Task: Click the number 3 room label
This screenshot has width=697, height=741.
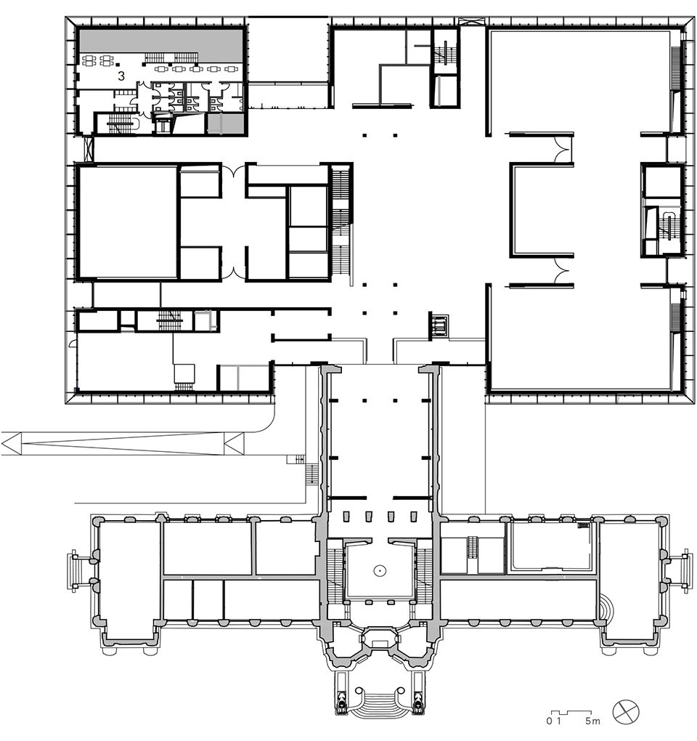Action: (121, 76)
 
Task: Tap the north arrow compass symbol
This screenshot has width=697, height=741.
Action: (626, 712)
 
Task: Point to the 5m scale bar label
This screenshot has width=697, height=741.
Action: (592, 721)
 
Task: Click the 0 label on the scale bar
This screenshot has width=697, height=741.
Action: (549, 721)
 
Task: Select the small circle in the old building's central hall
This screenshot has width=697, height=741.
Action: (379, 570)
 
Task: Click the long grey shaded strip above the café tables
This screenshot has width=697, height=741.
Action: (160, 41)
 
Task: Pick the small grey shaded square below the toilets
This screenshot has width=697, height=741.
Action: (226, 123)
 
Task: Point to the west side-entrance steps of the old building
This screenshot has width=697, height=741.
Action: (73, 571)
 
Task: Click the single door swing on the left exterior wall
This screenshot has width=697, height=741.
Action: (73, 344)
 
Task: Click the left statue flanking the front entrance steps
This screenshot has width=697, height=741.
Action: (341, 699)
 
